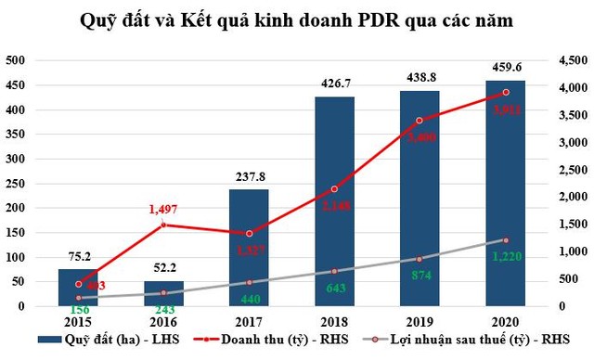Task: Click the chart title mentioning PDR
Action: click(297, 21)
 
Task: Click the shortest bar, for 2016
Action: click(163, 293)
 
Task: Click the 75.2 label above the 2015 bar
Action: click(78, 254)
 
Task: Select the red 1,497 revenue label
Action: click(163, 210)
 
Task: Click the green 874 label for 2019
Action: click(420, 275)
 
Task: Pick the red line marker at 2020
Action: click(507, 92)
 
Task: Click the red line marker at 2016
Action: click(163, 225)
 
